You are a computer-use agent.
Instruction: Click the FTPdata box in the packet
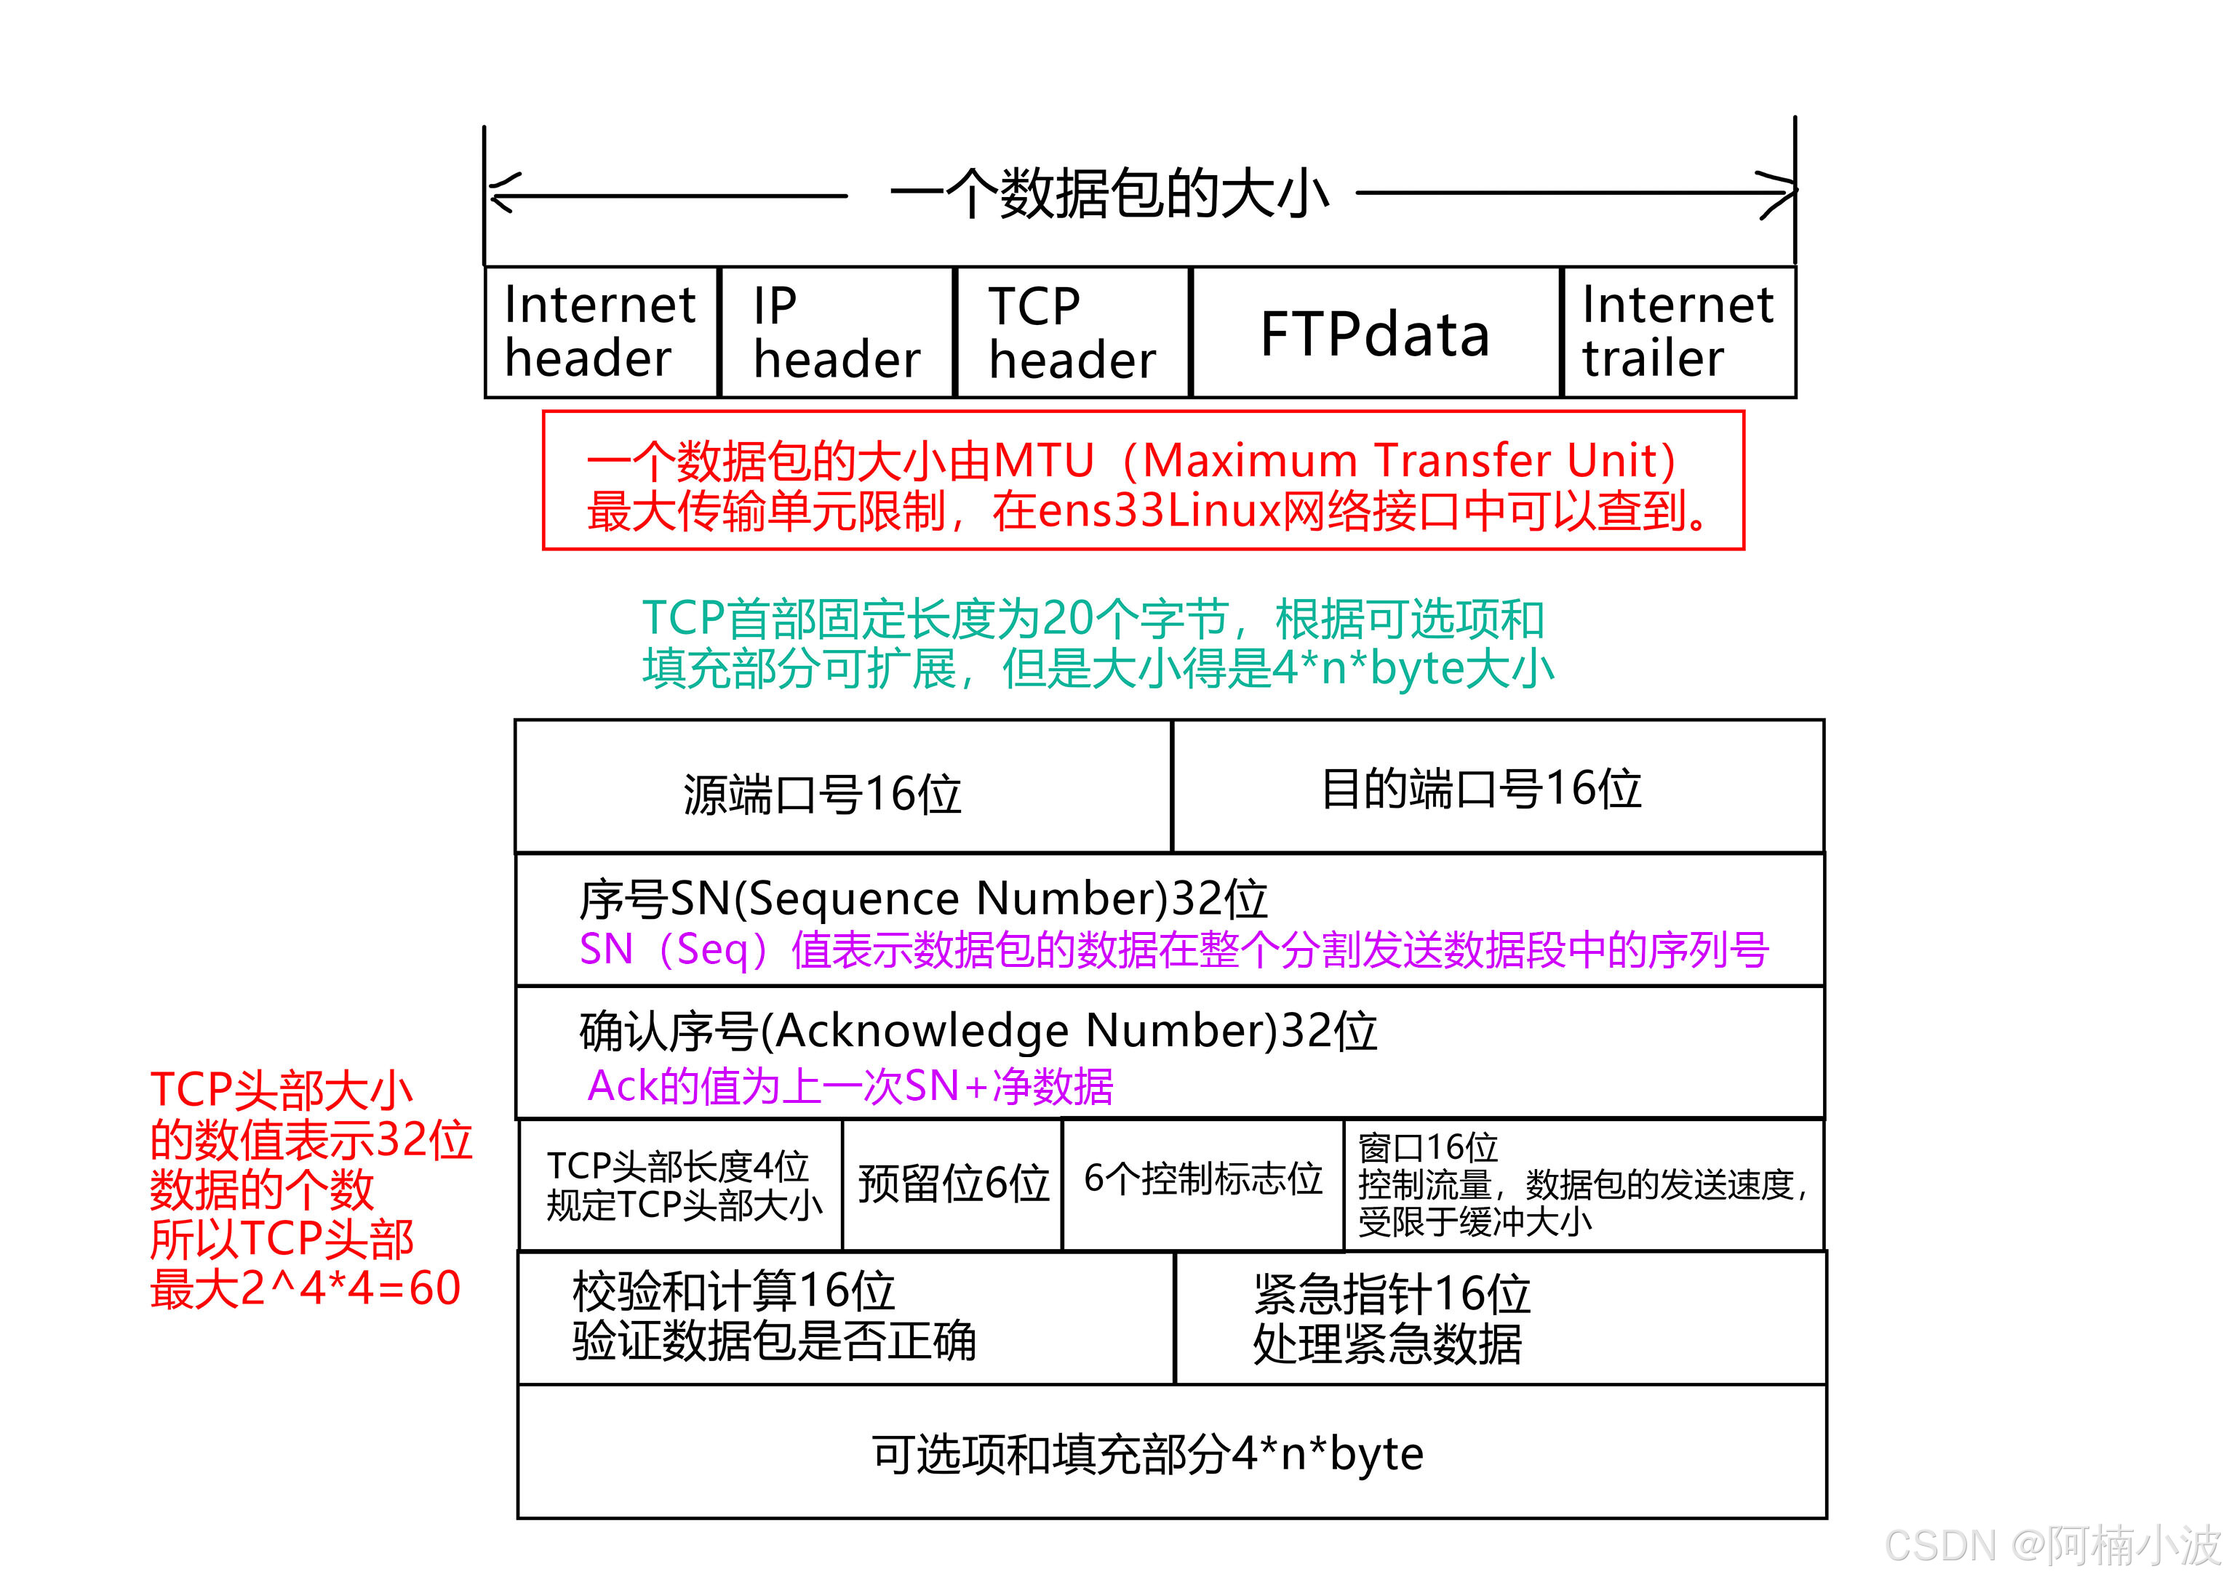[x=1375, y=333]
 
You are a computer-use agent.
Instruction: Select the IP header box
[x=837, y=333]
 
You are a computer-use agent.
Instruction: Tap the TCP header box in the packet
[x=1072, y=333]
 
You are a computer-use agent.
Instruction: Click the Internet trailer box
[x=1678, y=332]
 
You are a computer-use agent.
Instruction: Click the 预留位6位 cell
[x=952, y=1184]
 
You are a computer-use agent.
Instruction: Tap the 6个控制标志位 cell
[x=1202, y=1180]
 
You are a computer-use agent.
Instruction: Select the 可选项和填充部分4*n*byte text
[x=1147, y=1454]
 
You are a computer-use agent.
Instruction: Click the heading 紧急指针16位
[x=1391, y=1293]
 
